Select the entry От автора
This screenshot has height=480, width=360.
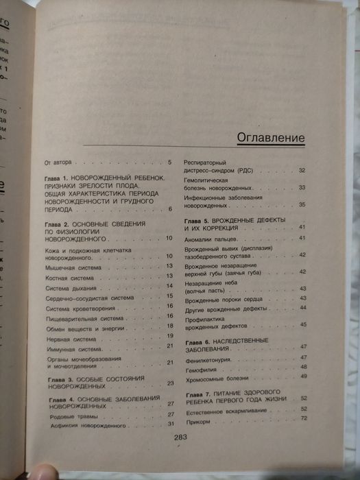coord(58,163)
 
